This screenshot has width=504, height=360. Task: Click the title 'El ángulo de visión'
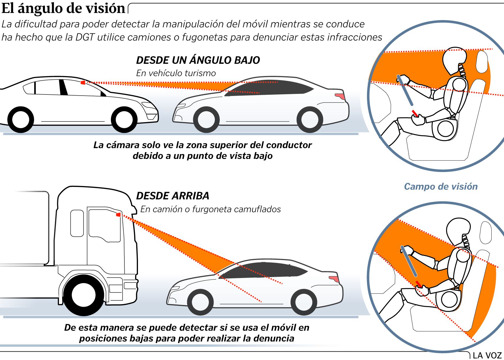coord(63,8)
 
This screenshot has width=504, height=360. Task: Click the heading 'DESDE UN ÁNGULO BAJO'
coord(198,60)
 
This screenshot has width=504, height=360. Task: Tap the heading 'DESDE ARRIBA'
coord(173,196)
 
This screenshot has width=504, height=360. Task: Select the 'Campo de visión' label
coord(441,187)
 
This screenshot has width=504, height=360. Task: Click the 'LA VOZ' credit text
coord(487,355)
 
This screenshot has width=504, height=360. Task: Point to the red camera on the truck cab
coord(118,215)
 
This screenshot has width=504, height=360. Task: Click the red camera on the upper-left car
coord(83,83)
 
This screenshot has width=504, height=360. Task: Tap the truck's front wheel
coord(84,295)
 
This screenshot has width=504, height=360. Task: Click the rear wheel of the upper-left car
coord(21,120)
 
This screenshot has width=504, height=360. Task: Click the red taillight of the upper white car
coord(340,96)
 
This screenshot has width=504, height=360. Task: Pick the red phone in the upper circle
coord(415,113)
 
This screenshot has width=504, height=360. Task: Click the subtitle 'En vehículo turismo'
coord(176,73)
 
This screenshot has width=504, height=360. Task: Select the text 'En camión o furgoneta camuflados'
coord(211,209)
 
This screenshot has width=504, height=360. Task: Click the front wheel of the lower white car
coord(200,302)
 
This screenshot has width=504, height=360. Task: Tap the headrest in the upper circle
coord(482,61)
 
